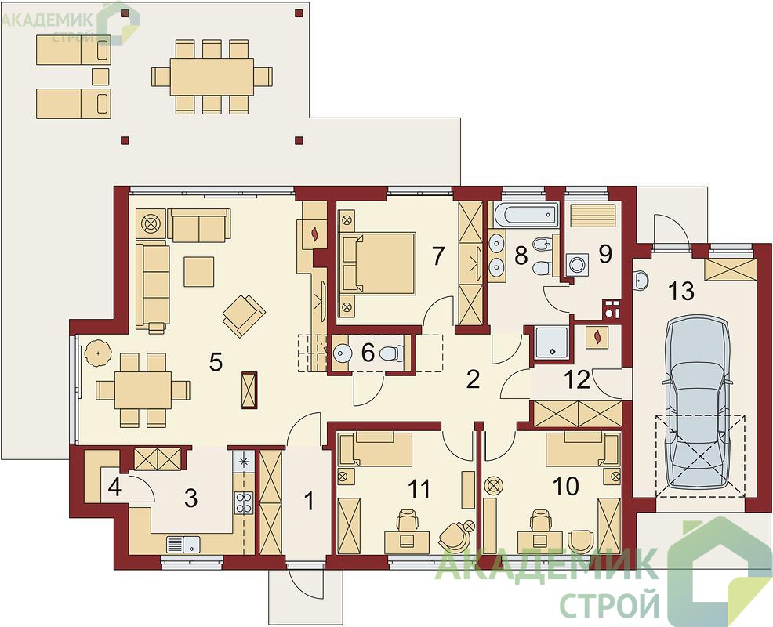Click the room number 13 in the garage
[682, 291]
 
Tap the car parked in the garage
[697, 404]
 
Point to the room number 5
[216, 363]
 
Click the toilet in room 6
[393, 353]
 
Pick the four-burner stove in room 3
[244, 503]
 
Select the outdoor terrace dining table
[212, 76]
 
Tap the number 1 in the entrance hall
[309, 502]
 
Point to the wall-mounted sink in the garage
[641, 281]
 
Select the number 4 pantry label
[114, 487]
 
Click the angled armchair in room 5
[244, 316]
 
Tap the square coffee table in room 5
[199, 271]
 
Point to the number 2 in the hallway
[473, 379]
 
